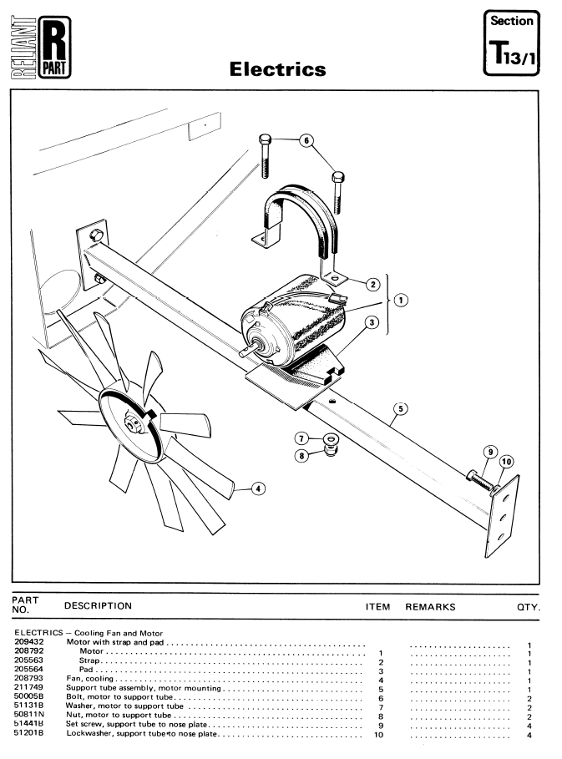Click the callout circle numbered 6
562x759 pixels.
point(306,141)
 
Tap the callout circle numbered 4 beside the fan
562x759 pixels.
point(258,489)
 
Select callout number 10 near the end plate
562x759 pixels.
point(506,462)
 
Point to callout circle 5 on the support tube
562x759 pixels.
point(400,409)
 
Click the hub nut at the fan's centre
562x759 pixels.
point(132,424)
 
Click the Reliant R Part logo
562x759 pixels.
point(41,47)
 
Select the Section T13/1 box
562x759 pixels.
point(511,43)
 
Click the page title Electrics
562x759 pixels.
point(277,69)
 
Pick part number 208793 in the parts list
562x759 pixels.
point(28,678)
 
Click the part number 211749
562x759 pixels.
point(28,687)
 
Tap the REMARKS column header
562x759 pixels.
point(430,607)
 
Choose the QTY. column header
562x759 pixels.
point(529,608)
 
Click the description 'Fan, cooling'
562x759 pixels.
point(89,679)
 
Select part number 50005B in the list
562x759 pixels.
point(28,696)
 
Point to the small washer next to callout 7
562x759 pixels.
point(331,439)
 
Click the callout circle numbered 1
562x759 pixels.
point(401,300)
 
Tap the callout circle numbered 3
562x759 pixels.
point(372,322)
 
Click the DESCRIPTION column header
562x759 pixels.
point(98,606)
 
